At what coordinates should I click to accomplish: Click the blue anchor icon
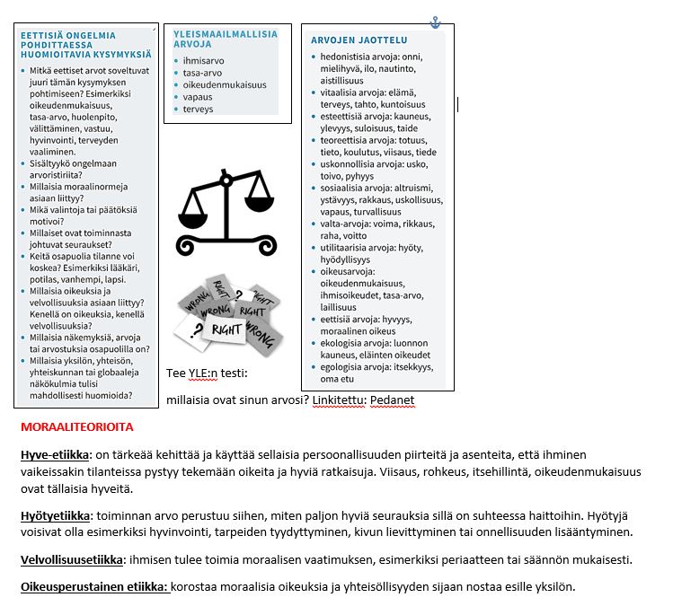[x=436, y=22]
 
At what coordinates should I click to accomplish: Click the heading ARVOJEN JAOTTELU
[x=359, y=40]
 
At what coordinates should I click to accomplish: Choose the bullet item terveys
[x=197, y=110]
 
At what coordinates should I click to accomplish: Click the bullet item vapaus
[x=197, y=97]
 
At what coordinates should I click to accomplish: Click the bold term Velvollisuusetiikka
[x=71, y=560]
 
